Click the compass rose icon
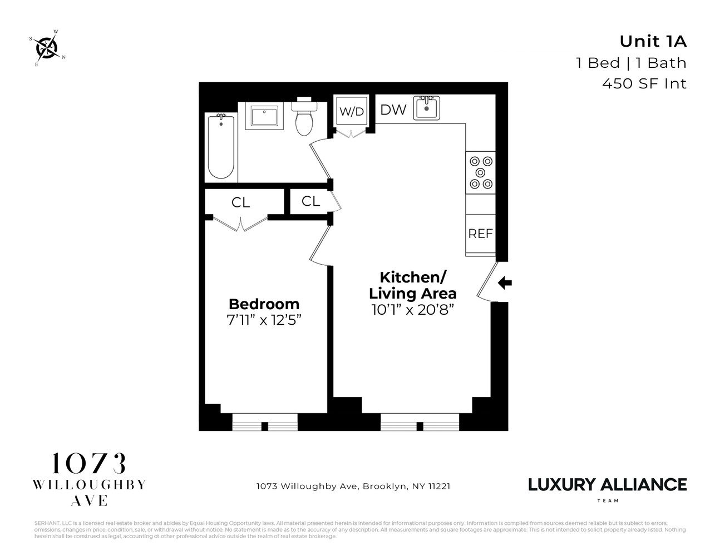(x=47, y=48)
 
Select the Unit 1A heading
(x=653, y=42)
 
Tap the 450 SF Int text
(x=644, y=83)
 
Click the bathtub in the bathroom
(x=221, y=146)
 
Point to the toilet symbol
(x=304, y=118)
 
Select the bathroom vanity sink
(x=265, y=117)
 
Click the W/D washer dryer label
(x=352, y=112)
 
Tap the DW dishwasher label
(x=393, y=110)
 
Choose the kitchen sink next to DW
(x=427, y=108)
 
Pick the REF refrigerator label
(x=480, y=234)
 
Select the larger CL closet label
(x=241, y=203)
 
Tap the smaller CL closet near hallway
(x=310, y=201)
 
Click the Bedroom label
(x=264, y=304)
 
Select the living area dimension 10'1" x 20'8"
(x=412, y=310)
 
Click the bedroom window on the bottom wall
(x=265, y=422)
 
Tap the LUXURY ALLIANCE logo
(x=607, y=485)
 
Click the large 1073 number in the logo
(x=89, y=464)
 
